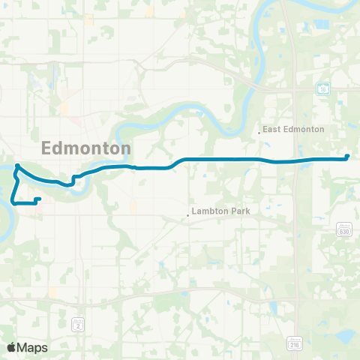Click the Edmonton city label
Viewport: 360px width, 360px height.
coord(87,148)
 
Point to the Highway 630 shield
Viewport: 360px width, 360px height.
coord(343,230)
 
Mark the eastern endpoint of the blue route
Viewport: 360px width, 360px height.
coord(347,156)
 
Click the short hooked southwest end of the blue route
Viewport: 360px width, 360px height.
coord(38,199)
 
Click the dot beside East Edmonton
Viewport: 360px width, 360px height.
coord(259,133)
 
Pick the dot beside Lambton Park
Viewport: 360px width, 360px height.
coord(188,216)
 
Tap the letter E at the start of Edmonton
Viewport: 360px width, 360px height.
coord(47,148)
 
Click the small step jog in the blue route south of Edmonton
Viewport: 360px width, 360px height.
coord(73,179)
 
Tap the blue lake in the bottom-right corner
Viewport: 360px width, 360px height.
coord(346,334)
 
